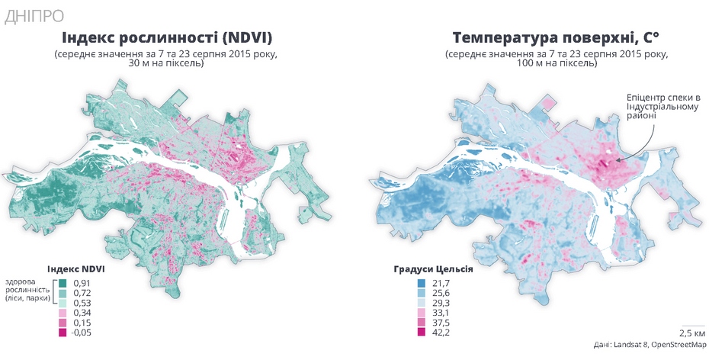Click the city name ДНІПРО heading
pos(34,14)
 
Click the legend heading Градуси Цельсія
pos(434,269)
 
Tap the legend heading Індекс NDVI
pos(75,269)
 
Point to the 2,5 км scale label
pos(691,333)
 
